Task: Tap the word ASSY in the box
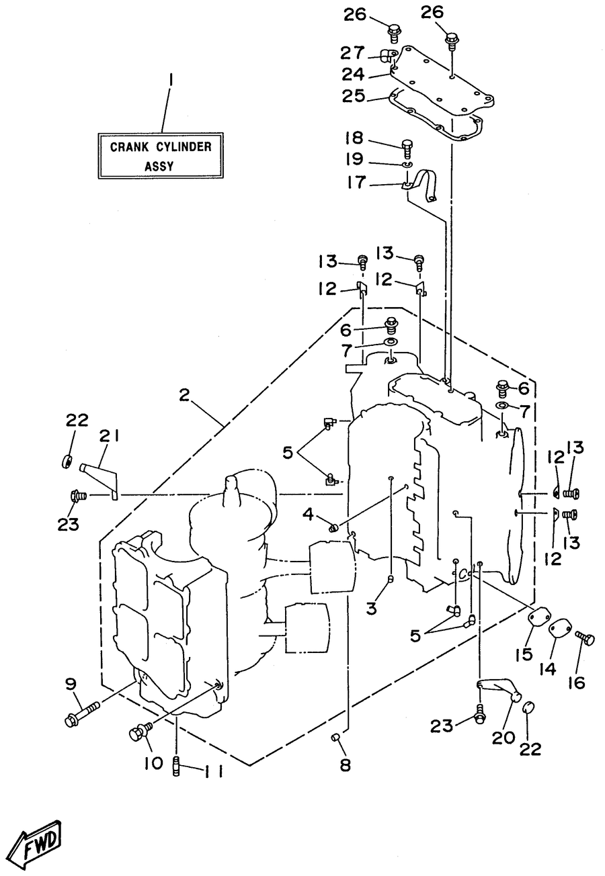(x=159, y=166)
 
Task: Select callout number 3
(x=371, y=608)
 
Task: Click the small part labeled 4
(x=333, y=529)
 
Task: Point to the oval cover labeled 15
(x=538, y=618)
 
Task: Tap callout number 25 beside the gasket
(x=354, y=96)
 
